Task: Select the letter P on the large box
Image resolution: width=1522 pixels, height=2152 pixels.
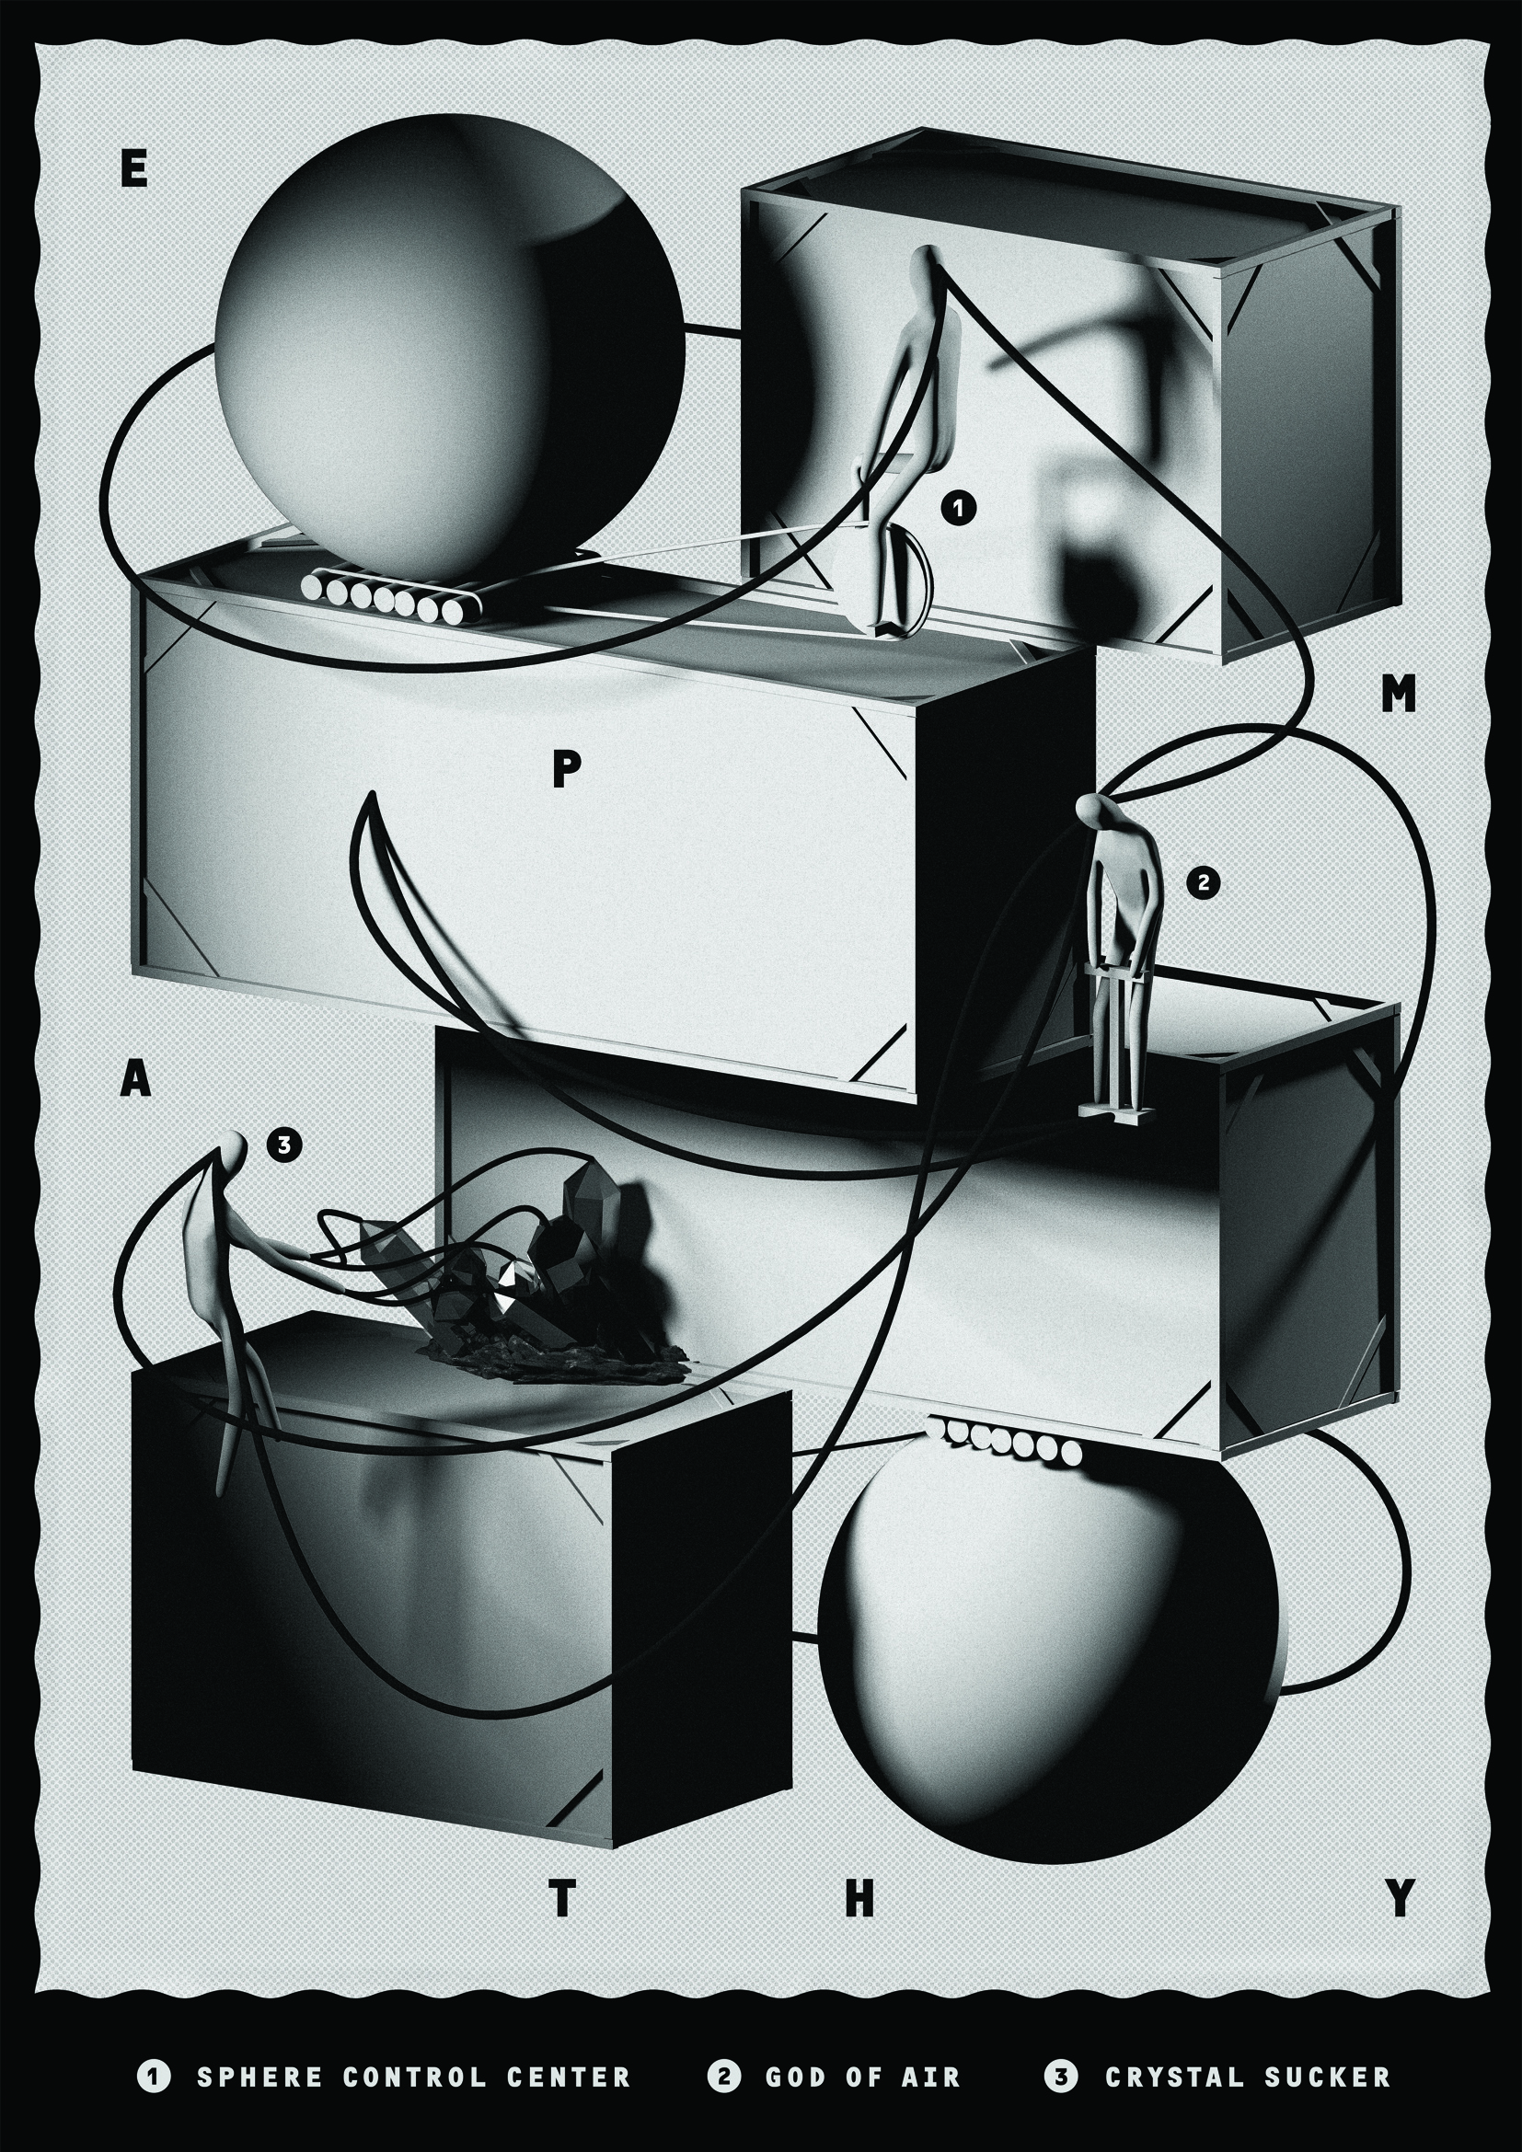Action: coord(567,770)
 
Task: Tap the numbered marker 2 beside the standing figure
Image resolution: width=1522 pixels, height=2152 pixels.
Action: coord(1205,882)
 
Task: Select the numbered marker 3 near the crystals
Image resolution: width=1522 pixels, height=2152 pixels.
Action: coord(284,1144)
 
